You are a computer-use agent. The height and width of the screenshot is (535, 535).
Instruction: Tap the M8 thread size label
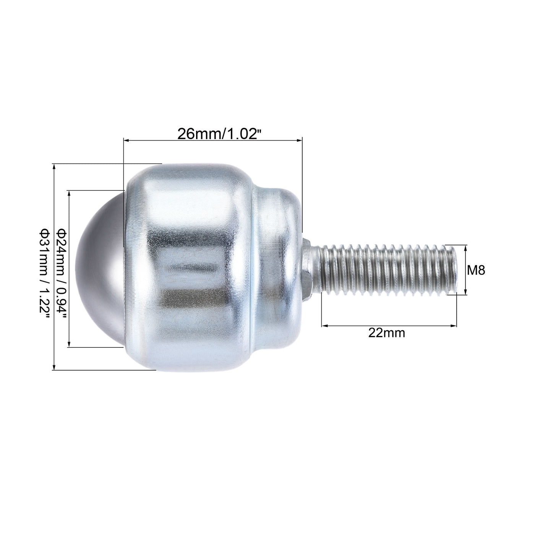point(476,271)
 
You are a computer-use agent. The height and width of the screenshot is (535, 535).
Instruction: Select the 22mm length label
point(386,333)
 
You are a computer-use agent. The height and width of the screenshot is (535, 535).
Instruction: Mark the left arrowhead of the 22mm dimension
point(324,326)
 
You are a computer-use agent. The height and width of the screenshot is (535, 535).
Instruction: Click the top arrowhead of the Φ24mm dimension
point(69,193)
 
